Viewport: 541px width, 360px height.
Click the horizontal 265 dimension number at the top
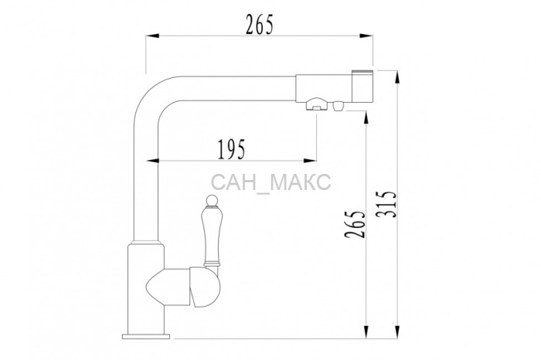pyautogui.click(x=260, y=24)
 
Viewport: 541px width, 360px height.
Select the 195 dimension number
pyautogui.click(x=232, y=149)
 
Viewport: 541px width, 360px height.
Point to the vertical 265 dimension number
pyautogui.click(x=355, y=224)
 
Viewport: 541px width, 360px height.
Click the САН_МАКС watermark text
pyautogui.click(x=270, y=182)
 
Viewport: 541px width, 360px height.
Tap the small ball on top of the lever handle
pyautogui.click(x=212, y=199)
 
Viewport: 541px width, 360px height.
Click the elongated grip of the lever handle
pyautogui.click(x=211, y=234)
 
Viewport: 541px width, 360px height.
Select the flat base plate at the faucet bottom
pyautogui.click(x=146, y=336)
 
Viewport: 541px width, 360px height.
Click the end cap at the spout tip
pyautogui.click(x=362, y=87)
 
